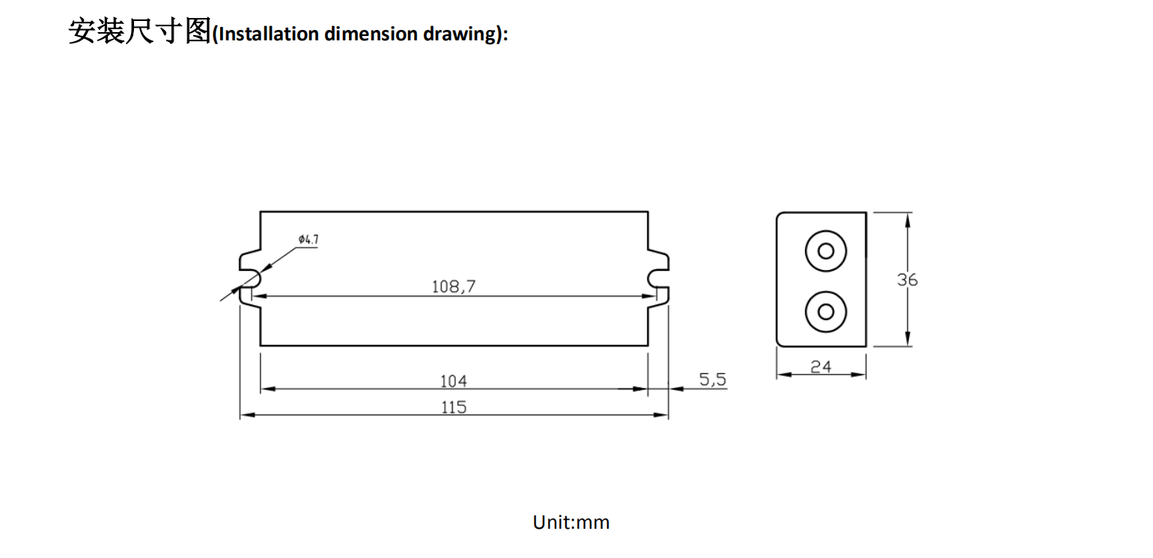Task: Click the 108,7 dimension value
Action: tap(454, 286)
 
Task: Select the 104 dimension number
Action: tap(453, 381)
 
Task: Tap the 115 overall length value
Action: tap(454, 407)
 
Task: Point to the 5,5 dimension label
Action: tap(713, 380)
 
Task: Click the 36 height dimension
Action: tap(907, 280)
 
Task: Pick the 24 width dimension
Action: tap(821, 367)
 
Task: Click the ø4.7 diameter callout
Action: tap(308, 239)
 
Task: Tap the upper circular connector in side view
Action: tap(826, 251)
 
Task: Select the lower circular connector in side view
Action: tap(826, 310)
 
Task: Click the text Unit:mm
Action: tap(571, 522)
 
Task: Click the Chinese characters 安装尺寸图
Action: tap(140, 32)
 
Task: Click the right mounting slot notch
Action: tap(657, 280)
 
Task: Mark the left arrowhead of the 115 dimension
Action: tap(245, 414)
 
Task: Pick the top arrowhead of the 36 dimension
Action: tap(907, 218)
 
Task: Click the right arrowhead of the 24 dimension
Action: tap(861, 374)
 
